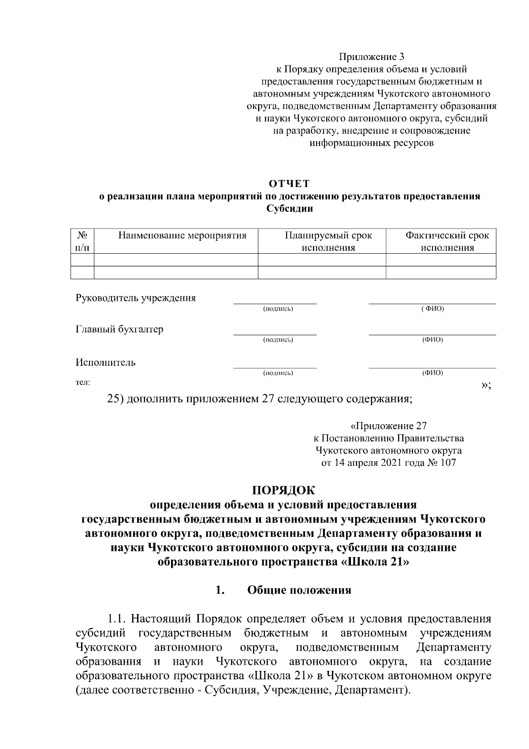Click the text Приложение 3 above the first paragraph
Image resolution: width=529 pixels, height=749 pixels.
(x=371, y=57)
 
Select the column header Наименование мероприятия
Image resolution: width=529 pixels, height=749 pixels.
(x=182, y=235)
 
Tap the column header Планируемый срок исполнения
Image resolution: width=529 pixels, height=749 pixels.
(x=328, y=241)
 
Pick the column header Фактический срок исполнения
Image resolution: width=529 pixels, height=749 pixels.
(x=447, y=241)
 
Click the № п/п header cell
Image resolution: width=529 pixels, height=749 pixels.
(x=82, y=241)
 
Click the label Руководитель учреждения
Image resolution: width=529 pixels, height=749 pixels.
(x=136, y=298)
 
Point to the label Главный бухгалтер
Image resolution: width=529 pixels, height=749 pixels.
(x=119, y=329)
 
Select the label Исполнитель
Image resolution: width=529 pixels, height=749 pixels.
(x=106, y=362)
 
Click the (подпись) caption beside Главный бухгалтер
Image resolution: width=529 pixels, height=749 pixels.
(x=278, y=340)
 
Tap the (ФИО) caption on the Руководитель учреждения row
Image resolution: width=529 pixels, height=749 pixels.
(x=432, y=308)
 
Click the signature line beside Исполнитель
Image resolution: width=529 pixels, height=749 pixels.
(x=275, y=367)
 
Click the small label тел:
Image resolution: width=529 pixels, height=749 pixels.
(x=83, y=383)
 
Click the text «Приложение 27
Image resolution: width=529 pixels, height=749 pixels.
(x=388, y=426)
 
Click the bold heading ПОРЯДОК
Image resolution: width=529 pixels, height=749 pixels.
(x=283, y=490)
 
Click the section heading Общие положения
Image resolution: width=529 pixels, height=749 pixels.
(x=299, y=590)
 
